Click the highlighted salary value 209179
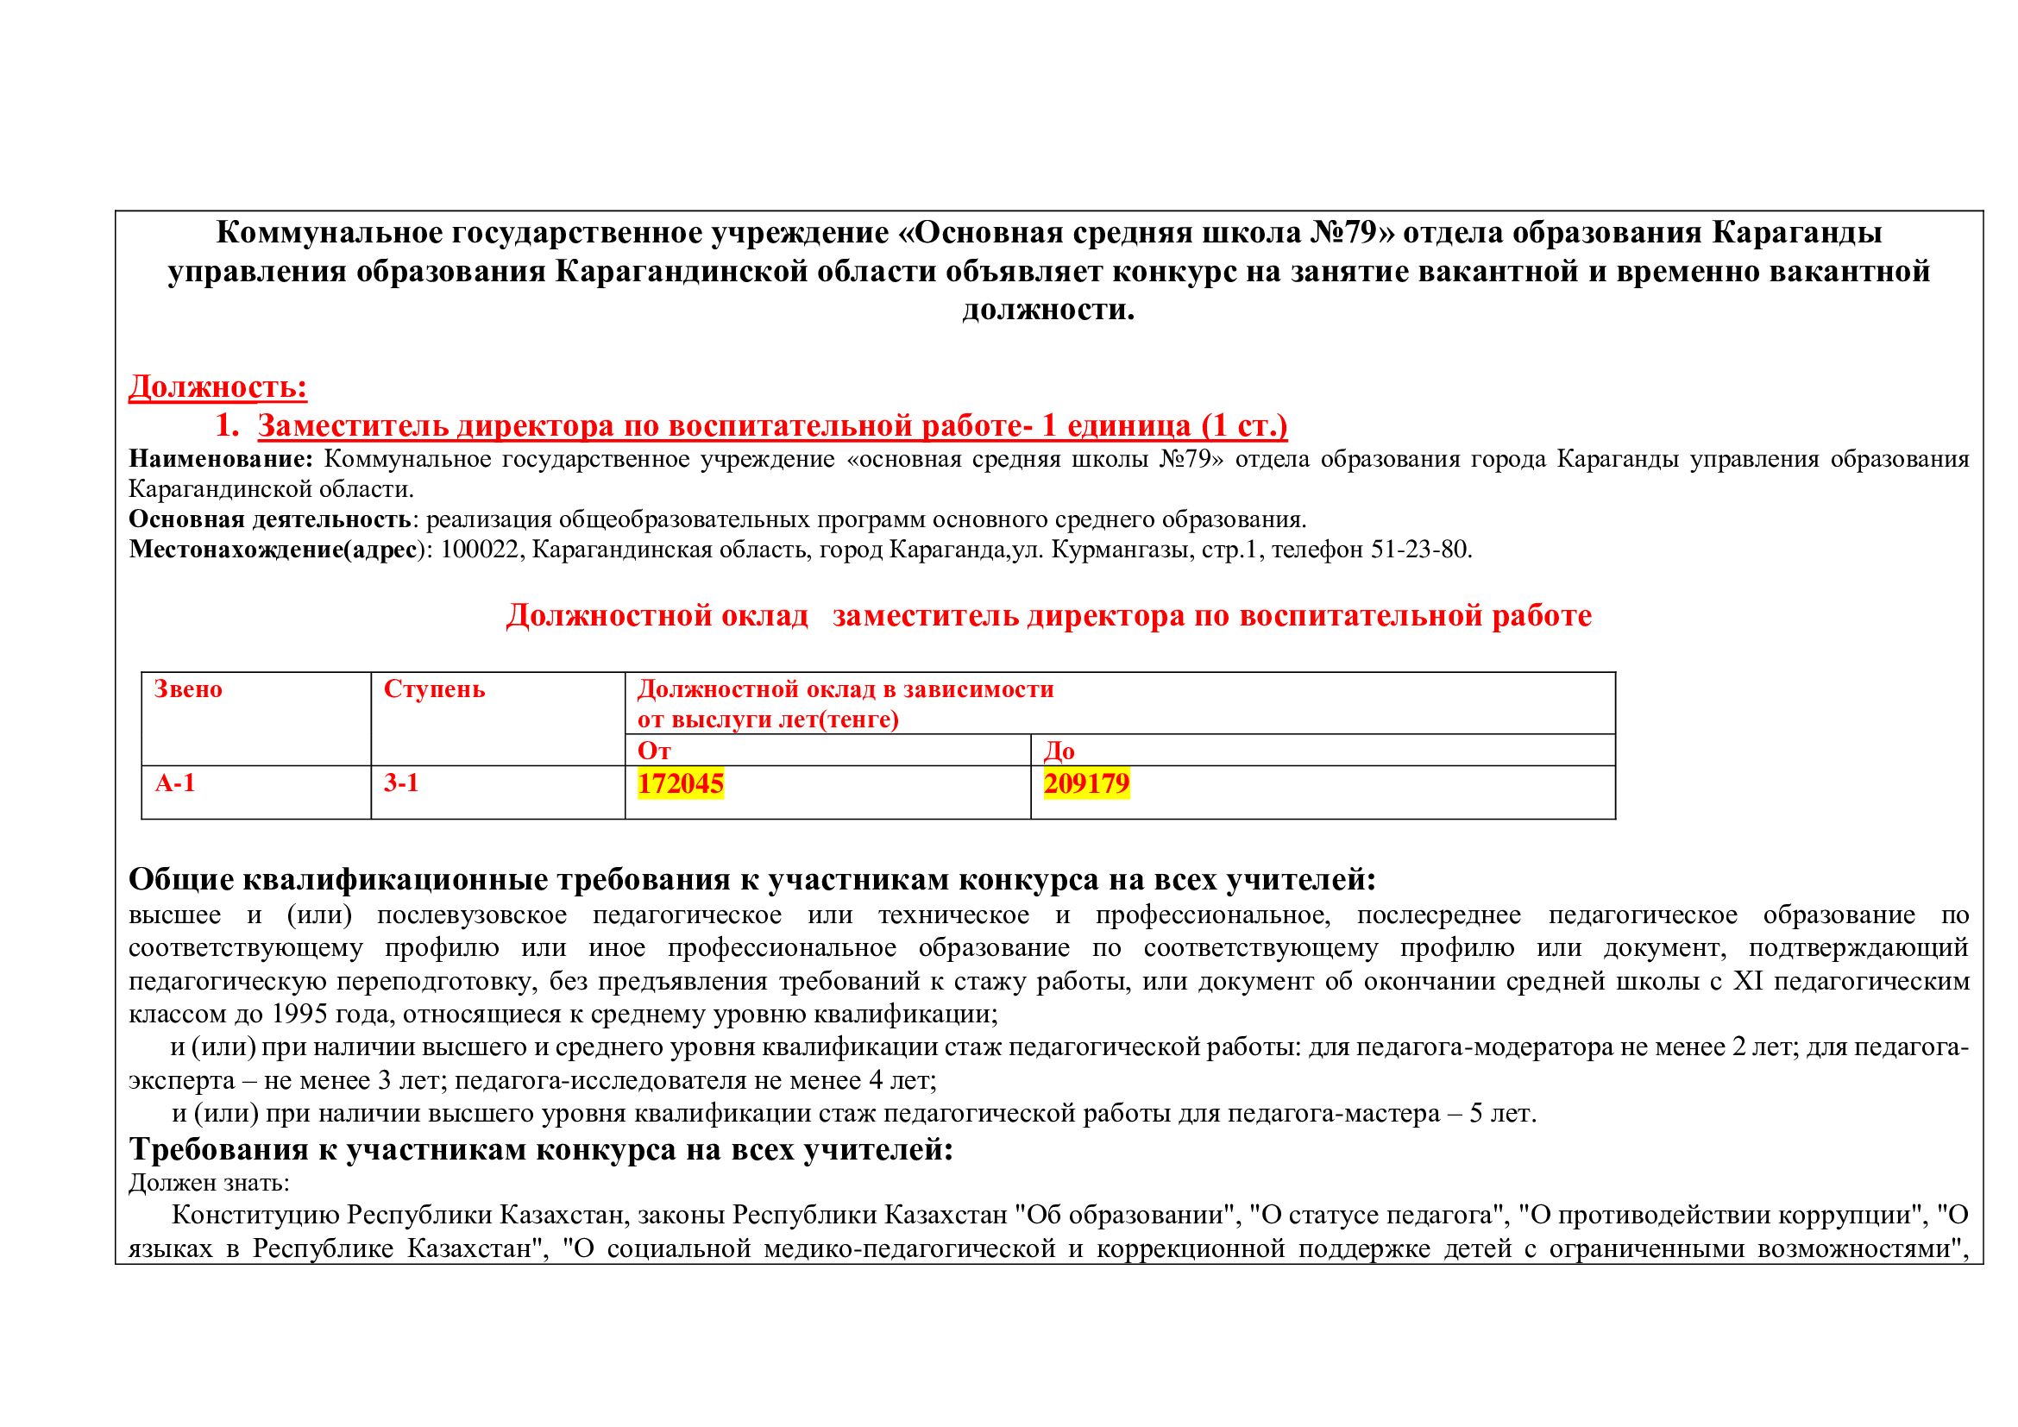pos(1086,783)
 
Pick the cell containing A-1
pos(175,783)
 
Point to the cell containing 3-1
pos(401,783)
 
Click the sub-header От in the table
pos(654,751)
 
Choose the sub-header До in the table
pos(1059,751)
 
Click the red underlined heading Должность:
pos(218,387)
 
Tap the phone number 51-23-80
pos(1418,550)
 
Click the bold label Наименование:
pos(221,459)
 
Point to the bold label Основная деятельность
pos(269,519)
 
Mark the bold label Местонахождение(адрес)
pos(278,550)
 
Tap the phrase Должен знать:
pos(209,1183)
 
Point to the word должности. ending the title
pos(1048,310)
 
